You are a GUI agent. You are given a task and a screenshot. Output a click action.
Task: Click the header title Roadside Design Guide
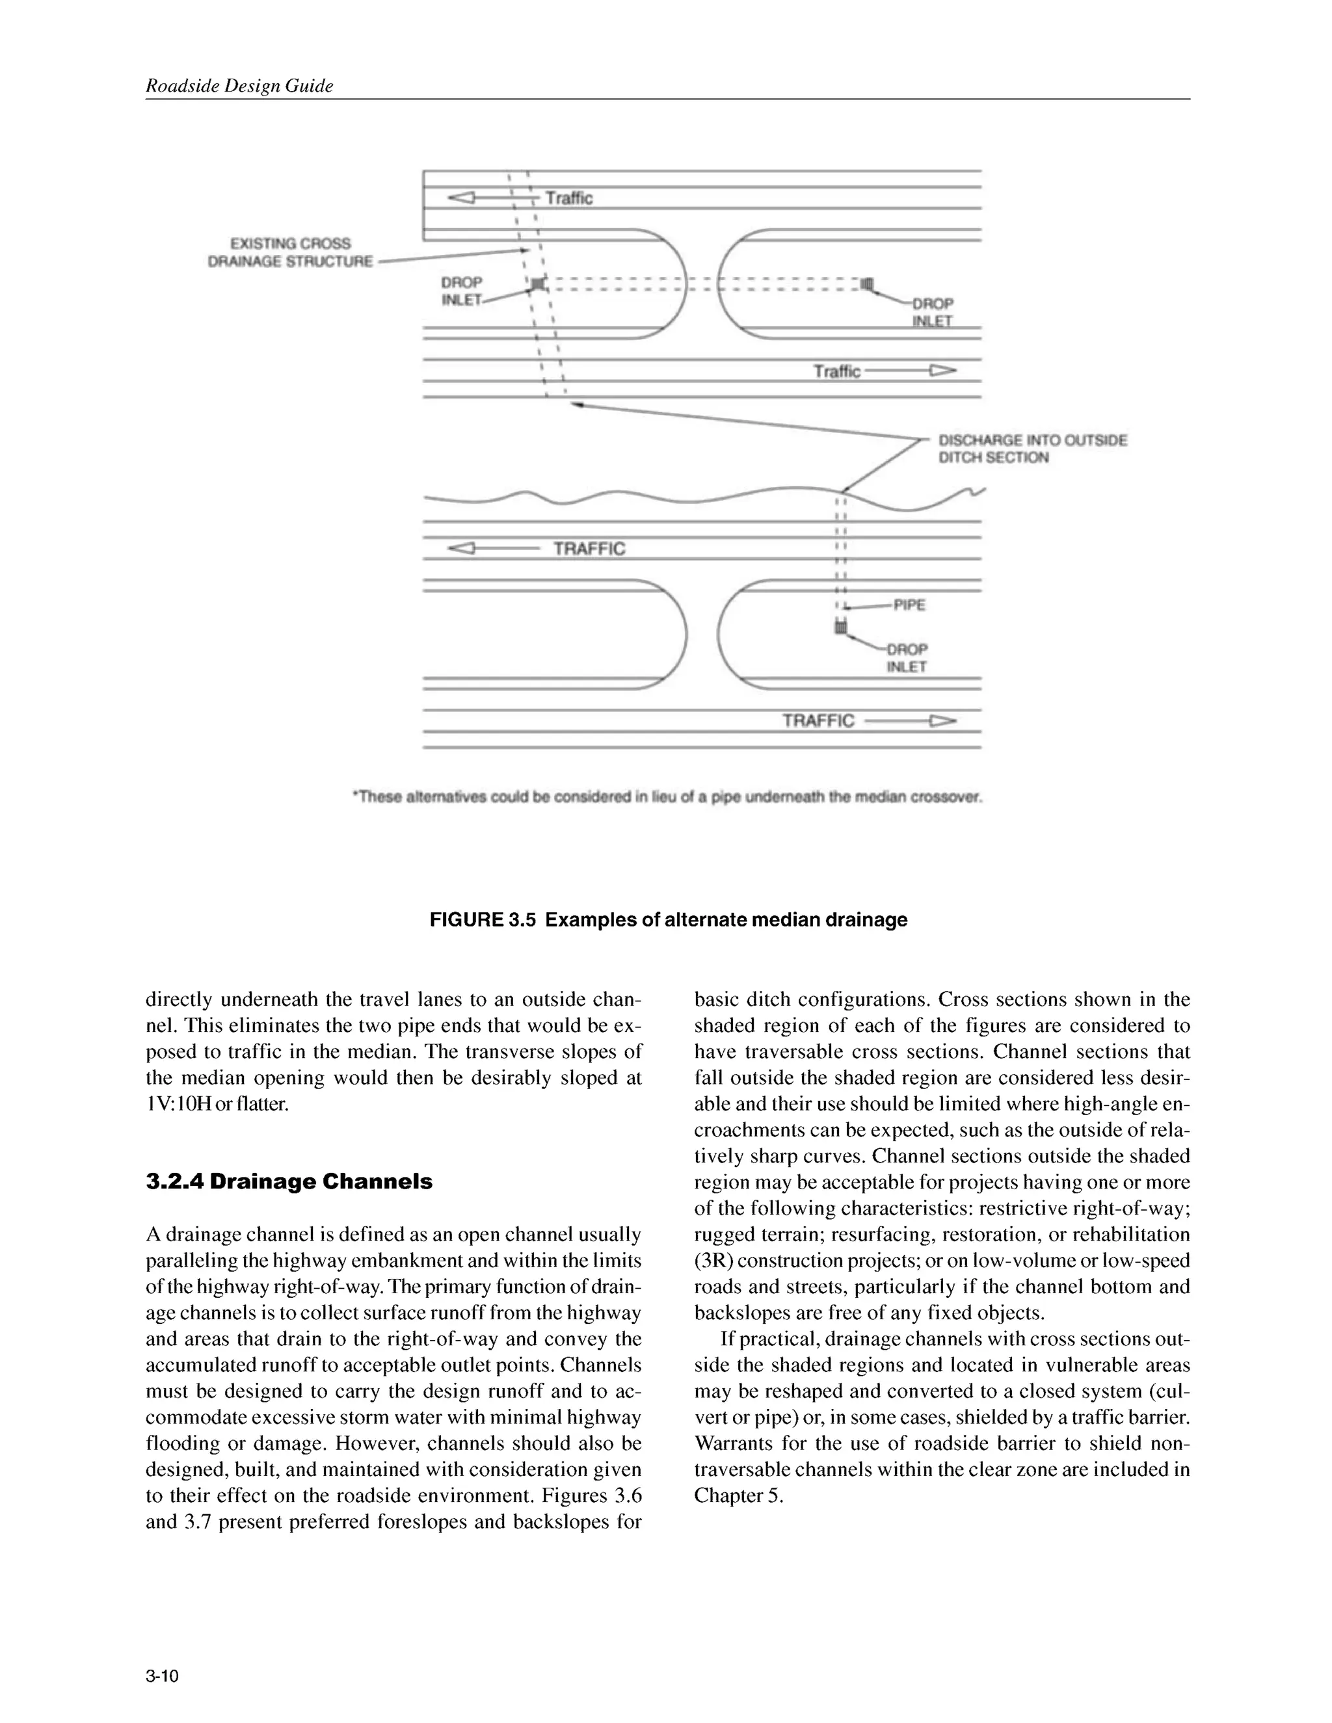239,86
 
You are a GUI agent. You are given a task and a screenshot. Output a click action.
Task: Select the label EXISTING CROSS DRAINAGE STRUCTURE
290,252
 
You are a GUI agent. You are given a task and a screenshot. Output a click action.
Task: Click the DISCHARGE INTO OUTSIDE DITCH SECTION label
1032,449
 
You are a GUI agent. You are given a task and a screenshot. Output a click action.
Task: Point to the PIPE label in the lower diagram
909,605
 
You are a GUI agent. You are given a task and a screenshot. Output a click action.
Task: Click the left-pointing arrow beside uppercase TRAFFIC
462,548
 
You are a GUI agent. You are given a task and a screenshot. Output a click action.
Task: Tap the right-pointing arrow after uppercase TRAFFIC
942,720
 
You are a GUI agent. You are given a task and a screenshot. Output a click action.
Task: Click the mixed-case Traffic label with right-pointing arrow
837,371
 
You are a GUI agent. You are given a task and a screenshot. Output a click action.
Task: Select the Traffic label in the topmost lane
569,198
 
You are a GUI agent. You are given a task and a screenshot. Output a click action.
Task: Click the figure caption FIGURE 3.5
669,920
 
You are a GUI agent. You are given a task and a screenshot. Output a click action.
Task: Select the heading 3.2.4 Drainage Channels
289,1181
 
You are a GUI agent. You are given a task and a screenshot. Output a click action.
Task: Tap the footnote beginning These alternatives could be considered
667,797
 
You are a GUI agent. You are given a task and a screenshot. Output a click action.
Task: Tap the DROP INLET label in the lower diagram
907,658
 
